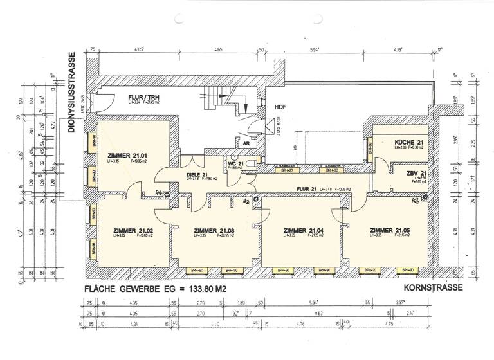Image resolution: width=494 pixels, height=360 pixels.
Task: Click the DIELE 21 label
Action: [x=197, y=174]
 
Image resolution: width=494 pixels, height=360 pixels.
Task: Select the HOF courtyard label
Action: [x=280, y=107]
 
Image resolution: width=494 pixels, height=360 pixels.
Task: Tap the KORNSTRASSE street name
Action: [x=430, y=288]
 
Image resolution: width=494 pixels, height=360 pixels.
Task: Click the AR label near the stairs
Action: [x=246, y=143]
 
